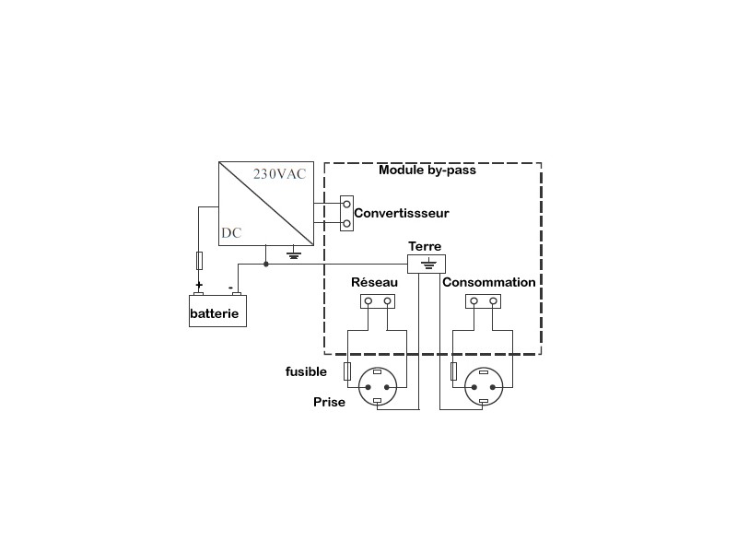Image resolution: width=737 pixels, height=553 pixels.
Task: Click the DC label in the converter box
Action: point(230,233)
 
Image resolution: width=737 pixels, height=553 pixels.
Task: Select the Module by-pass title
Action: point(427,170)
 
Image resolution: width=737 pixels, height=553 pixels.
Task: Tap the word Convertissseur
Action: point(402,213)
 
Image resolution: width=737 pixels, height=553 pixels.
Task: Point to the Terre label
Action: point(425,246)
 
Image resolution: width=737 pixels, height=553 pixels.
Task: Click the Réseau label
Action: point(375,282)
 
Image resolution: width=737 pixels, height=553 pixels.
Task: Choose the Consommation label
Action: point(489,282)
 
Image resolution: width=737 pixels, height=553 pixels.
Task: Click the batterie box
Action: point(217,311)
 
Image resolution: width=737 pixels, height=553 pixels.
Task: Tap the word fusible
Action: point(305,371)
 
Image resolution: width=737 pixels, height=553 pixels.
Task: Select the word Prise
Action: point(329,402)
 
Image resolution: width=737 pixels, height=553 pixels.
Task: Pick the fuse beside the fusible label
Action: point(346,371)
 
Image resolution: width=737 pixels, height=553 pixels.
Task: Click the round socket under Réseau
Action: point(377,385)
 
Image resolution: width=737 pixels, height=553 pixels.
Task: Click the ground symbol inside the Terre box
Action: point(427,264)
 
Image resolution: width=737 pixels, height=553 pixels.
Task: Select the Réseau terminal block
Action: point(377,301)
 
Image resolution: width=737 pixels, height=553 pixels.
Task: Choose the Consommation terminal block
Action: point(484,301)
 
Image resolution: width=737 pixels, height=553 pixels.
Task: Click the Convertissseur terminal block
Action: point(346,213)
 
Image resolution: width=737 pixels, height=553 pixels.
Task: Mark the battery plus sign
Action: point(198,285)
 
